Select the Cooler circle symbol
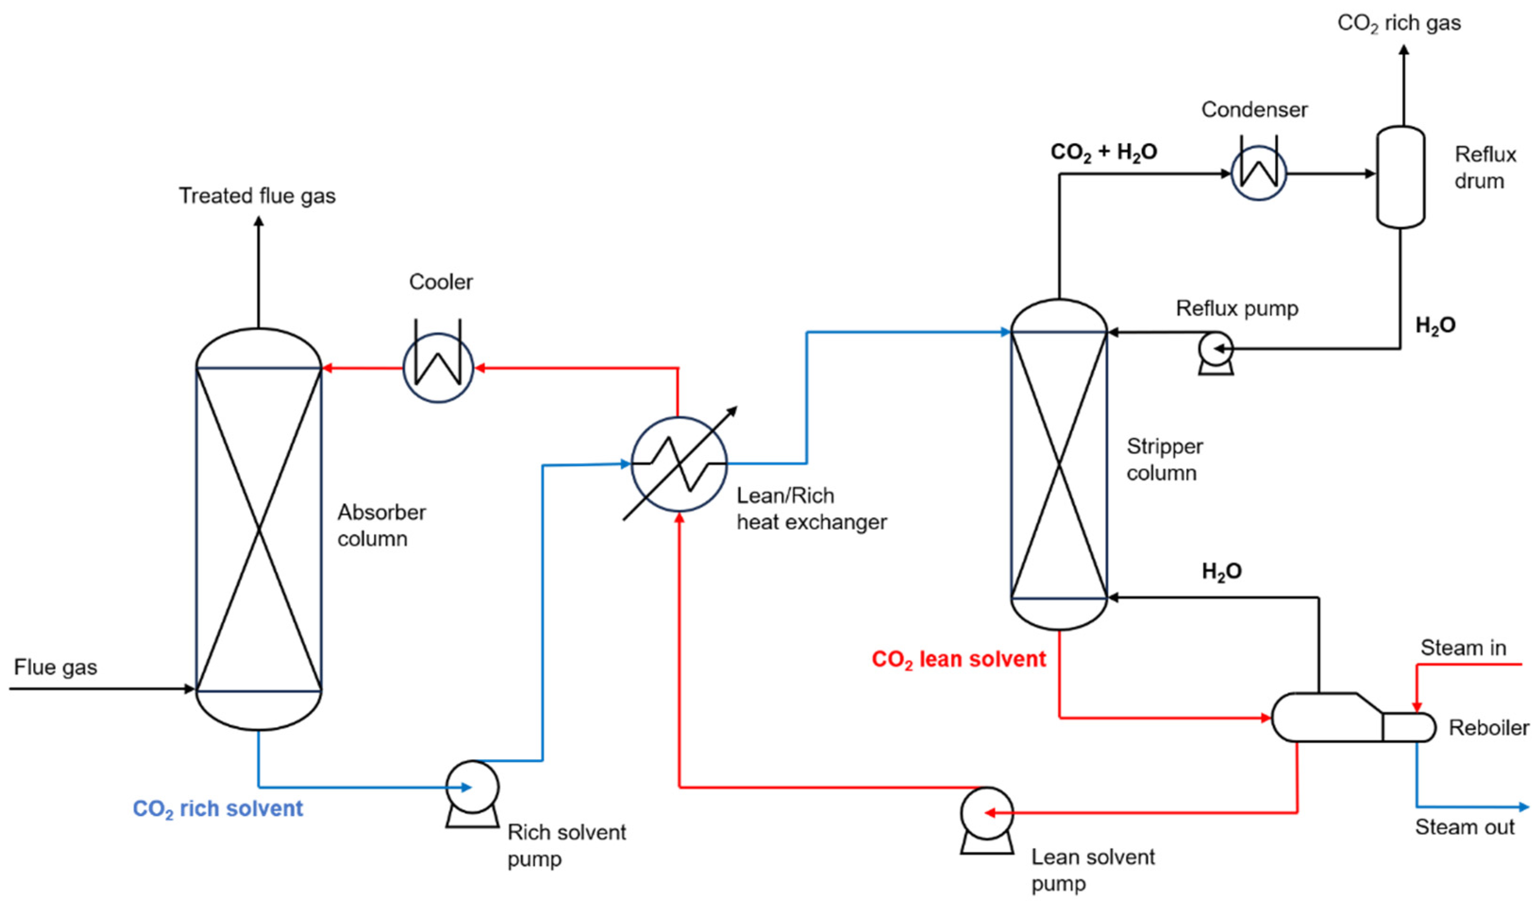click(x=438, y=368)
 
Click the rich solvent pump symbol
click(x=472, y=794)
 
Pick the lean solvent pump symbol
click(x=986, y=820)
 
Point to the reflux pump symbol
click(x=1215, y=353)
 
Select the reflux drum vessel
click(x=1400, y=177)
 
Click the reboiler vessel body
click(x=1353, y=717)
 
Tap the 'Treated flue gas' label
click(x=257, y=196)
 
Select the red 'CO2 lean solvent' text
click(x=958, y=660)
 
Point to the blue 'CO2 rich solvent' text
click(x=217, y=809)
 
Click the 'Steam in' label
click(x=1463, y=647)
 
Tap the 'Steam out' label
click(x=1464, y=827)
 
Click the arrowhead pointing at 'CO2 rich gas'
click(x=1404, y=50)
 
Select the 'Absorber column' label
click(x=382, y=525)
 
